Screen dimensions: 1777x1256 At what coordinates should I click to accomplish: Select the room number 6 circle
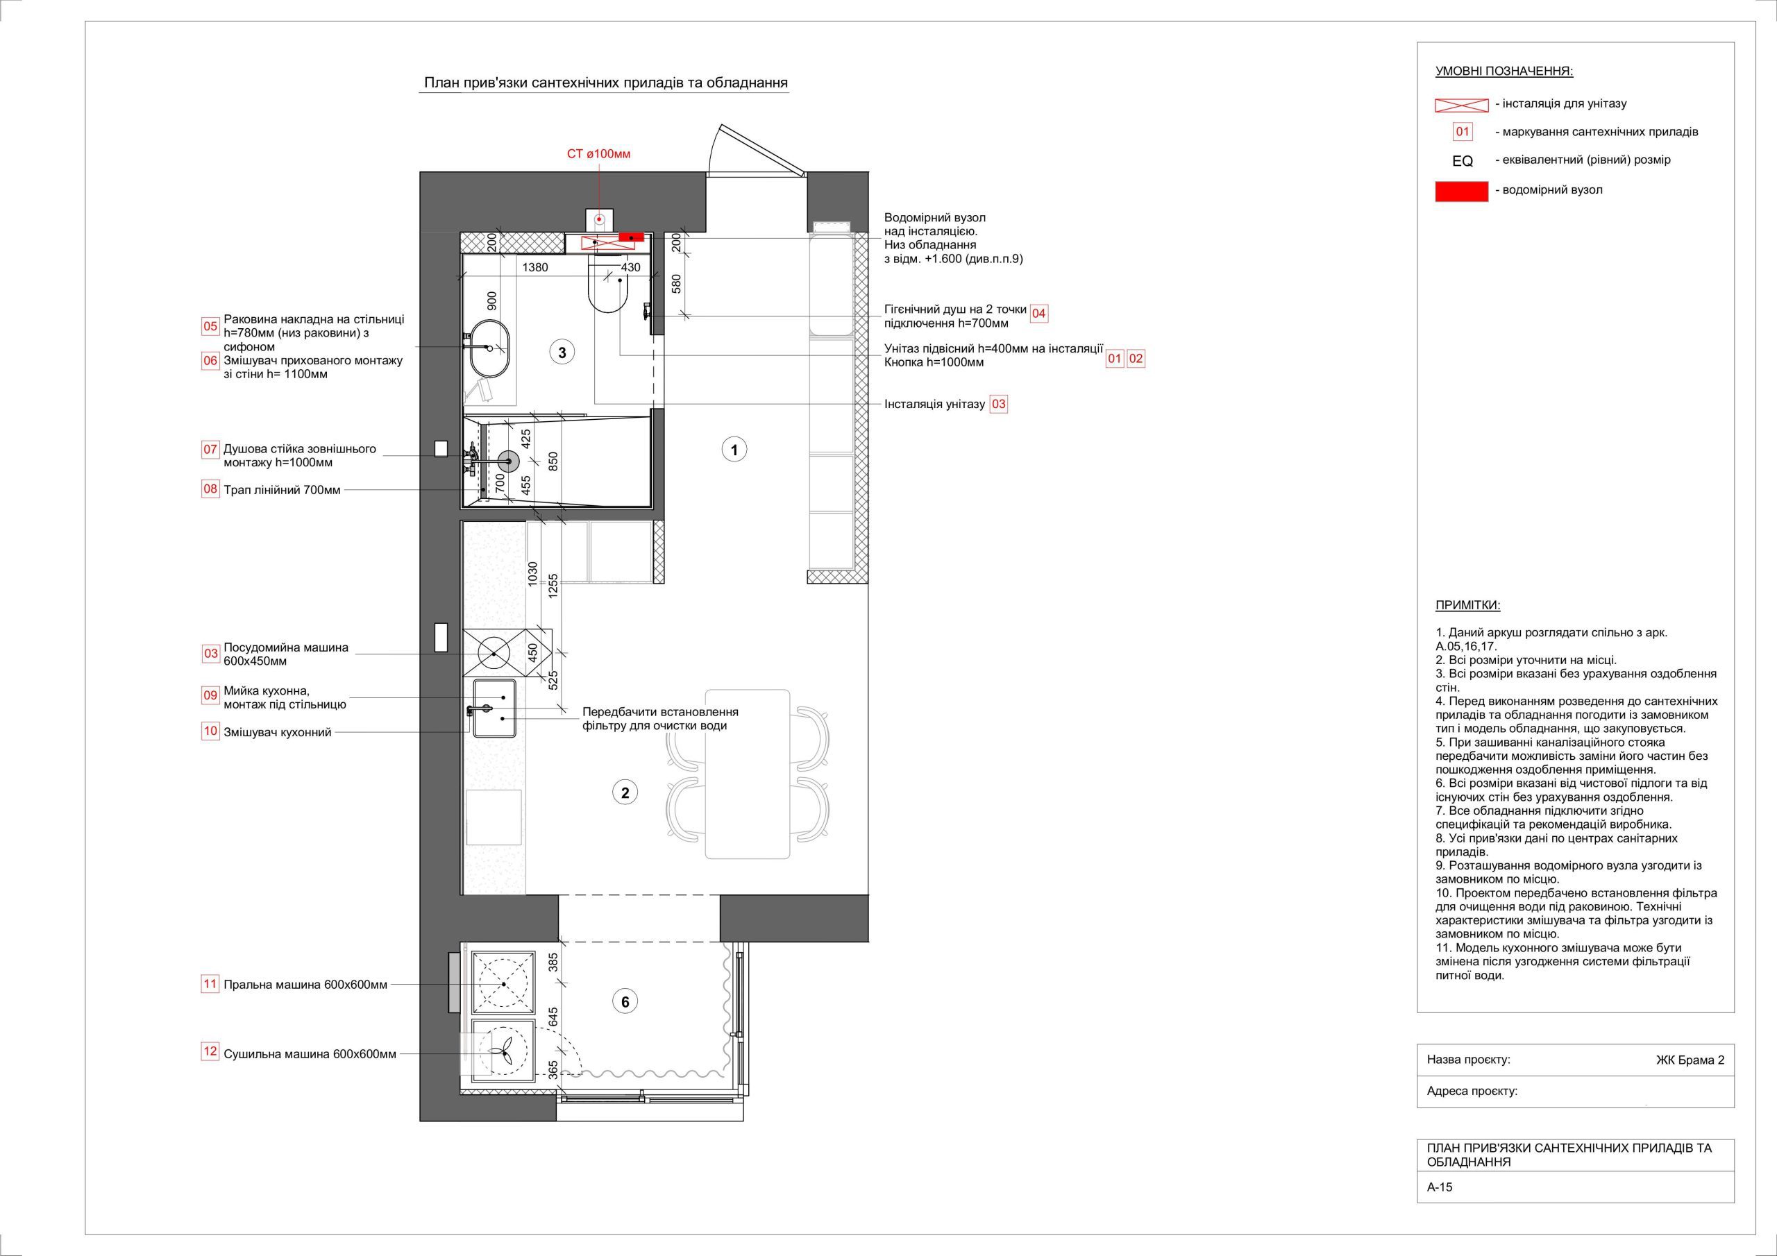pyautogui.click(x=625, y=1002)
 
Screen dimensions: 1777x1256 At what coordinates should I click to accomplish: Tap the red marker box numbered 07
pyautogui.click(x=210, y=449)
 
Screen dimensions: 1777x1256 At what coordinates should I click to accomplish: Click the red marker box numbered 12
pyautogui.click(x=210, y=1052)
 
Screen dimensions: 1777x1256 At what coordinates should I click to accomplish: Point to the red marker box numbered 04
pyautogui.click(x=1038, y=314)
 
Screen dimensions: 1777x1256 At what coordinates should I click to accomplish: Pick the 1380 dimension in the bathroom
pyautogui.click(x=534, y=268)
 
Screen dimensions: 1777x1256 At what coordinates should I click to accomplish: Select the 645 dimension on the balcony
pyautogui.click(x=553, y=1017)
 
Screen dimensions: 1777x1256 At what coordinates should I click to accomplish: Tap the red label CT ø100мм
pyautogui.click(x=599, y=154)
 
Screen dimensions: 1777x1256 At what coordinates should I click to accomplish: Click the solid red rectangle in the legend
pyautogui.click(x=1461, y=191)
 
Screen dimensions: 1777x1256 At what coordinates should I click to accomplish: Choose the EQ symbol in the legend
pyautogui.click(x=1463, y=161)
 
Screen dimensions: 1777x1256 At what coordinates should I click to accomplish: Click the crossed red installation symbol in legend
pyautogui.click(x=1461, y=105)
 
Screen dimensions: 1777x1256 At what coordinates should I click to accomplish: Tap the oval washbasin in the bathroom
pyautogui.click(x=489, y=348)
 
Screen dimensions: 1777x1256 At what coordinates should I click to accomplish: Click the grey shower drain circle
pyautogui.click(x=509, y=462)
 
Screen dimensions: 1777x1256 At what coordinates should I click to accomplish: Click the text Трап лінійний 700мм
pyautogui.click(x=282, y=490)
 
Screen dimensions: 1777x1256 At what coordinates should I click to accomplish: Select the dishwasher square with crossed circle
pyautogui.click(x=494, y=653)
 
